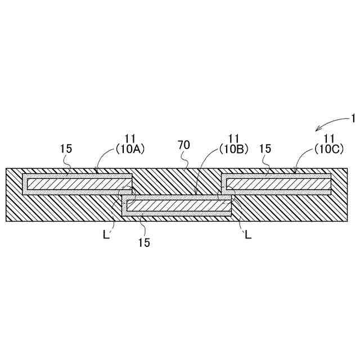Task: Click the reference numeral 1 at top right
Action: point(353,118)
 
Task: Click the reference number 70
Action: point(184,145)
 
